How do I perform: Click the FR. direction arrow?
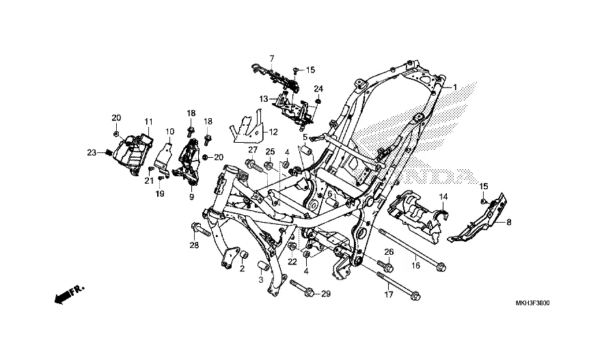[x=69, y=294]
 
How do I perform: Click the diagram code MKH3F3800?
[x=533, y=303]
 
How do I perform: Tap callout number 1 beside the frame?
[x=454, y=87]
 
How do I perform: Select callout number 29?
[x=326, y=294]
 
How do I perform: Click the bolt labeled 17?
[x=398, y=286]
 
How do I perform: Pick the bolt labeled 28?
[x=201, y=229]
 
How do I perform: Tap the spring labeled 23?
[x=109, y=153]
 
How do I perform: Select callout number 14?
[x=443, y=197]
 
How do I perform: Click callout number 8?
[x=509, y=222]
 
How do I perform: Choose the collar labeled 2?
[x=244, y=255]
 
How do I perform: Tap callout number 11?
[x=149, y=122]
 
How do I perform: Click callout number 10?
[x=170, y=132]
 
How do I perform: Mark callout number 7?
[x=272, y=59]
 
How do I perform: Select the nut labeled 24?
[x=318, y=101]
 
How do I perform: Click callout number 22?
[x=292, y=262]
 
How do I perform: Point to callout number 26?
[x=389, y=252]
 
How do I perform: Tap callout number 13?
[x=264, y=99]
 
